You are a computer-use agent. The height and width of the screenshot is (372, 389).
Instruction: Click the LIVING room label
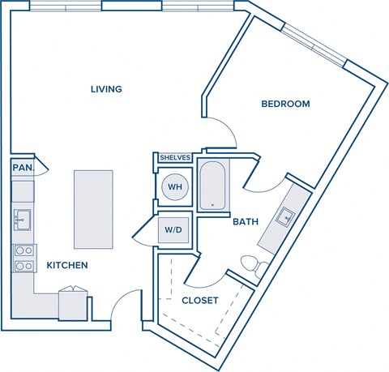coord(106,89)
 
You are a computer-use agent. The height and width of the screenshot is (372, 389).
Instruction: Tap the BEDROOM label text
coord(285,104)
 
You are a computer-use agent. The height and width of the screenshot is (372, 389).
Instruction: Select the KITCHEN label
coord(66,265)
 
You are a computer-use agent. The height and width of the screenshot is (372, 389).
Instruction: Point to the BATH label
coord(246,221)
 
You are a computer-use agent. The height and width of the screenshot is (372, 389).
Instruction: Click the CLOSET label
coord(199,300)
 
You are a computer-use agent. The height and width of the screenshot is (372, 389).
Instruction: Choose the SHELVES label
coord(175,157)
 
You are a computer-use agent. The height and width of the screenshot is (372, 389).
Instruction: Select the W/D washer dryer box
coord(174,229)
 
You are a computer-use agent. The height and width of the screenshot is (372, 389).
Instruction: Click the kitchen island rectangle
coord(94,209)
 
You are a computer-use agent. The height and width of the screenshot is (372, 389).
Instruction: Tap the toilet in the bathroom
coord(254,264)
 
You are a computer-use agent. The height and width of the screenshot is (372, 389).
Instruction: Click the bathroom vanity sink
coord(286,216)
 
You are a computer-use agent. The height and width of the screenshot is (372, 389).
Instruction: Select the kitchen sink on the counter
coord(22,218)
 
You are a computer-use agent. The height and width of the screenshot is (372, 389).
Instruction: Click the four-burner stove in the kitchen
coord(24,258)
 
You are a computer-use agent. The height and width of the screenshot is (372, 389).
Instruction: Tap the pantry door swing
coord(42,168)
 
